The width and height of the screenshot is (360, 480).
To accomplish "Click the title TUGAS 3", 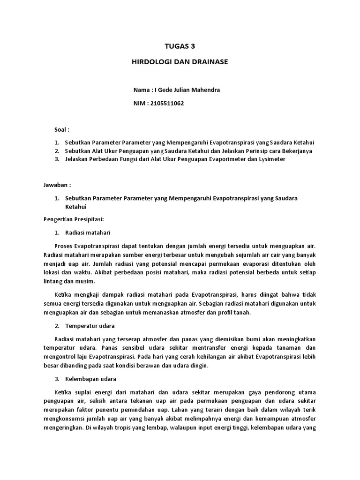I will [180, 46].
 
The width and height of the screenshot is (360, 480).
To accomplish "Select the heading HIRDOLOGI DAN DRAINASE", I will [180, 62].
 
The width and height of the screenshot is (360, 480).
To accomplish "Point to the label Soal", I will [62, 129].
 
